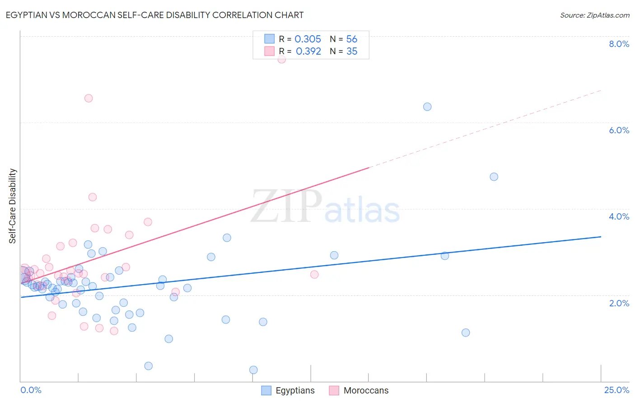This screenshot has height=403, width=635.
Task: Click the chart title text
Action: click(154, 15)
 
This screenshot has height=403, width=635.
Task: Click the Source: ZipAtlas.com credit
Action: click(594, 15)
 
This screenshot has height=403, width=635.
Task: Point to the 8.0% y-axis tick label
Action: click(619, 44)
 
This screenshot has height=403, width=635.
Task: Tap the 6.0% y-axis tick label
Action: click(619, 130)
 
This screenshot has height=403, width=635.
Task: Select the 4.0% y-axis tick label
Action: click(619, 216)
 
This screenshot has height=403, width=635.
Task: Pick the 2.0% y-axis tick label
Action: click(619, 303)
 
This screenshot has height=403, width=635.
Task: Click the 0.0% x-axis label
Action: click(31, 390)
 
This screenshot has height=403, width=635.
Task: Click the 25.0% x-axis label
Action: click(616, 390)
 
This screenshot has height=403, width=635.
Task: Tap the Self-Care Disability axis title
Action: click(13, 206)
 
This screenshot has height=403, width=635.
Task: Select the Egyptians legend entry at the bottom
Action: click(289, 390)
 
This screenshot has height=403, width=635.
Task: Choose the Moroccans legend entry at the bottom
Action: click(359, 390)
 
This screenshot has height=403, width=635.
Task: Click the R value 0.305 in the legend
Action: click(308, 39)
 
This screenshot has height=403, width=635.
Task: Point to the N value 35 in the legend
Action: click(352, 52)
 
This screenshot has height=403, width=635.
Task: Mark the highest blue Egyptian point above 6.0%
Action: click(427, 107)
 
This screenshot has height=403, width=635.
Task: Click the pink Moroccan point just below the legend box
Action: click(281, 59)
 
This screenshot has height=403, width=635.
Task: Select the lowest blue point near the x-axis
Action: click(253, 370)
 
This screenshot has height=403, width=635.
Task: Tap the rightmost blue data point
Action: click(494, 177)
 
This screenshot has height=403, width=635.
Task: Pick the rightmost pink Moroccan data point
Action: click(314, 274)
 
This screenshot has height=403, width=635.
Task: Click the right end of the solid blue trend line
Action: click(601, 237)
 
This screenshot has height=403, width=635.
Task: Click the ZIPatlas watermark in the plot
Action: click(325, 207)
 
